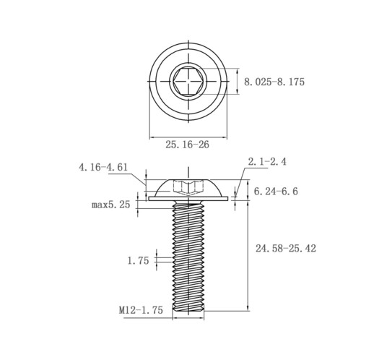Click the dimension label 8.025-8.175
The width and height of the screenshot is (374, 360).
pos(274,82)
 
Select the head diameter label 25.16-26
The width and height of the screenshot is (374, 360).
pos(187,145)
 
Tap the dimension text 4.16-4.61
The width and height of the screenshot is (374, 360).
pos(103,167)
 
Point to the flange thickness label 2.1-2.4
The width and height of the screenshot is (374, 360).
pos(267,161)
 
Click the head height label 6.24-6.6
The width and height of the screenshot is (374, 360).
pos(276,192)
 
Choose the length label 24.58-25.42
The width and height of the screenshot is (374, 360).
pos(286,248)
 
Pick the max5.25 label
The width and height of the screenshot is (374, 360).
pos(111,205)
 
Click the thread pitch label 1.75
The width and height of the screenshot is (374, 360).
pos(138,260)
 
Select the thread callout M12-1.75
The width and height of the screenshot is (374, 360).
pos(141,310)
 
